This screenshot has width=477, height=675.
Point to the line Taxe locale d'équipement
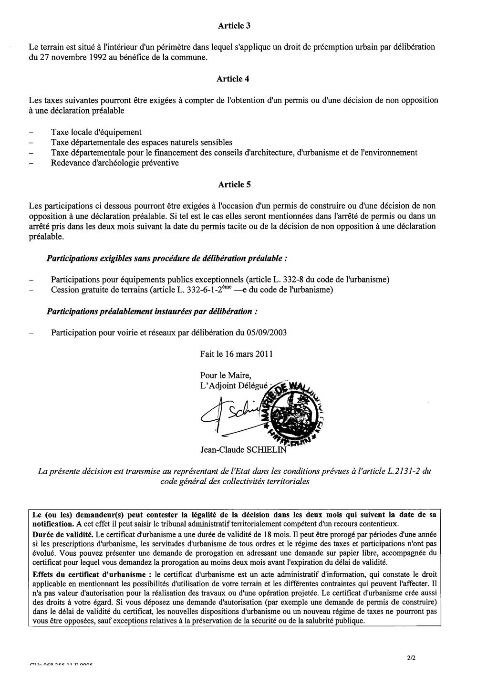96,132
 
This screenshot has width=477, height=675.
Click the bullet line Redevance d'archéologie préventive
115,163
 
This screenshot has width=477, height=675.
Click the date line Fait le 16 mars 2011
237,354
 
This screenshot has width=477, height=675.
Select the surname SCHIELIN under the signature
272,449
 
